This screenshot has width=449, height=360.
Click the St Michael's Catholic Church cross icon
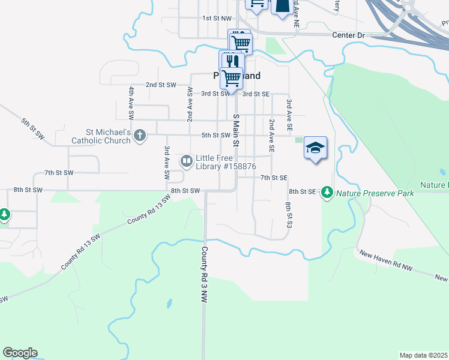140,135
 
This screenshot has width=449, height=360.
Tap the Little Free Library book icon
187,161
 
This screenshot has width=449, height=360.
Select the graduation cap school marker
315,148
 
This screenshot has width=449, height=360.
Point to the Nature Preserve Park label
375,193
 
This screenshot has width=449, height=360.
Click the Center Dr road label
348,35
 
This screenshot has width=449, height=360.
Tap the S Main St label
236,130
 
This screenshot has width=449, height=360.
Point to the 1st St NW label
217,19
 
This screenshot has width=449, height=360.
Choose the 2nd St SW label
160,85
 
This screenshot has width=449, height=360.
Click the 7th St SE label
274,178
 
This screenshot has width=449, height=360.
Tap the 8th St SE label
302,191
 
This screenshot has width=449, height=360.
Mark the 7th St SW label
59,173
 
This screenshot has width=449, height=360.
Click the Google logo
20,353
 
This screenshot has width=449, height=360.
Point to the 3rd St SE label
256,94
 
